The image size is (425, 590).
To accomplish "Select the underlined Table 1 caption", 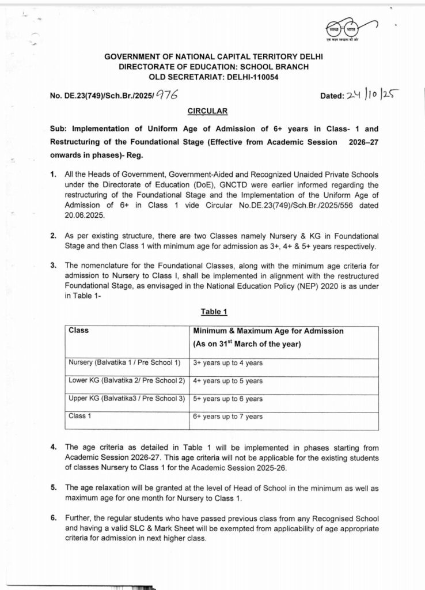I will (x=214, y=312).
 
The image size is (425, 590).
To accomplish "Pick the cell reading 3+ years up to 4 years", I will (x=227, y=363).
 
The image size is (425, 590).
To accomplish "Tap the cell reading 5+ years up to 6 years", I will (x=227, y=399).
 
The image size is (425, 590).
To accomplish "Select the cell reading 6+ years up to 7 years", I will (x=227, y=417).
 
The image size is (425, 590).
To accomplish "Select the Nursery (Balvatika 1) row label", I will (x=124, y=363).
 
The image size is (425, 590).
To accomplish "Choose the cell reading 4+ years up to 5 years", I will (x=227, y=381).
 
